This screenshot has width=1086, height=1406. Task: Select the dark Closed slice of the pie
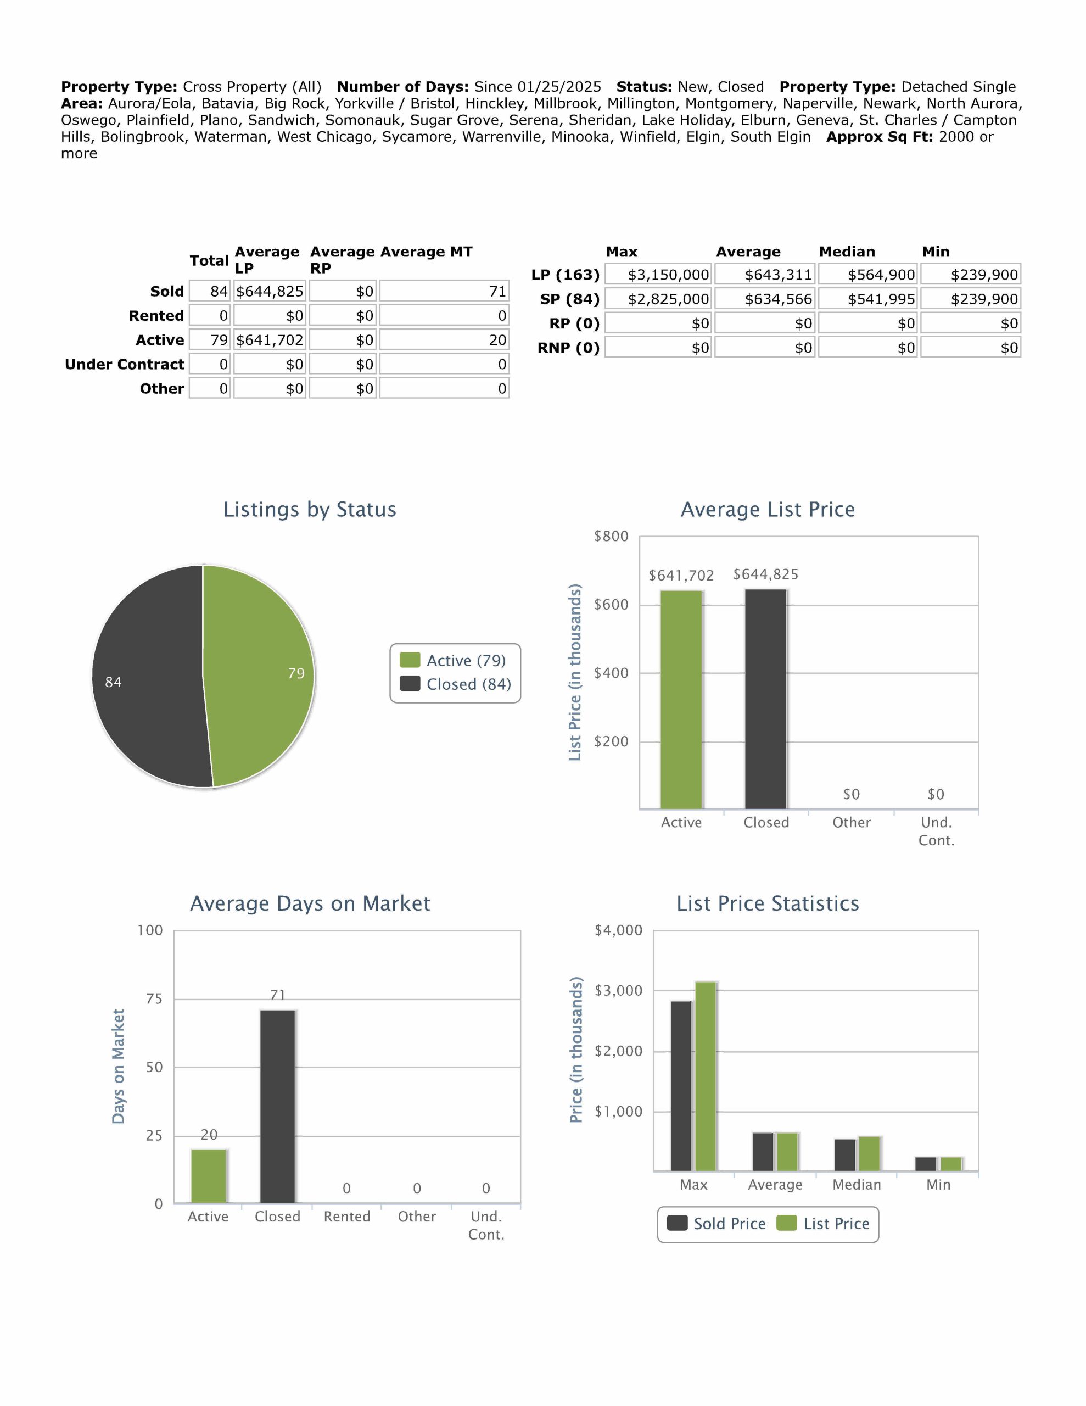coord(148,676)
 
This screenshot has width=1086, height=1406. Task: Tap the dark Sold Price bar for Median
coord(844,1155)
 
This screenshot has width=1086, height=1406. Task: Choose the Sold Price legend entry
coord(716,1224)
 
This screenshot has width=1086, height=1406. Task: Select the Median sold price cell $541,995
coord(869,299)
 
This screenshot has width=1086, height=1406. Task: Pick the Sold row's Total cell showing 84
coord(210,292)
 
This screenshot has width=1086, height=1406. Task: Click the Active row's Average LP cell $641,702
coord(269,340)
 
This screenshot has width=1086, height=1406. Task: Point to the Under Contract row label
coord(124,364)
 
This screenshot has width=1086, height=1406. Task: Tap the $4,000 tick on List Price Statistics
coord(618,930)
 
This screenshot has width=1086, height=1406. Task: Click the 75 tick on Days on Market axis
coord(154,998)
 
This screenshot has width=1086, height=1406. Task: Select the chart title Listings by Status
coord(310,509)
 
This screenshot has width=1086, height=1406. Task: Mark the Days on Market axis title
coord(118,1066)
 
